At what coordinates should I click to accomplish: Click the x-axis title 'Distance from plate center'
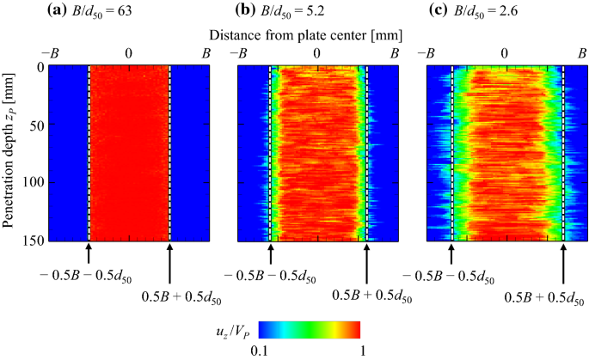(x=307, y=33)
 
